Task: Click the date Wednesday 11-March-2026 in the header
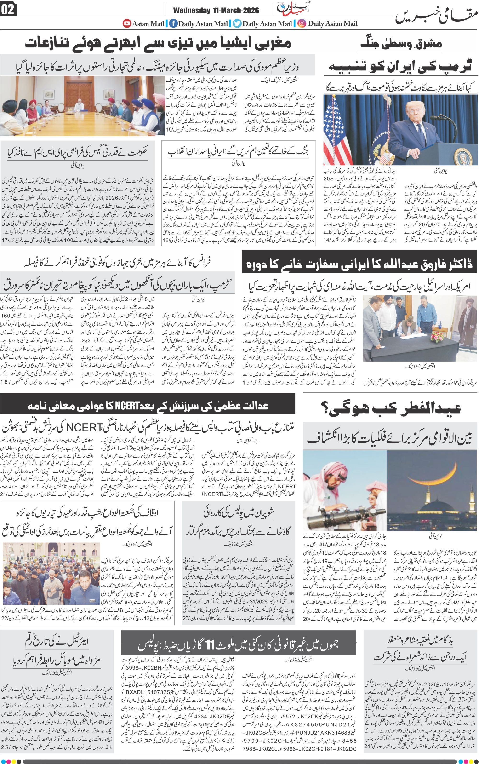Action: tap(216, 11)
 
